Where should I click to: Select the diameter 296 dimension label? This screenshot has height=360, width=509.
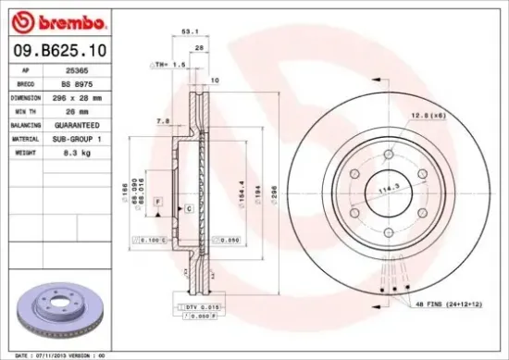coord(273,192)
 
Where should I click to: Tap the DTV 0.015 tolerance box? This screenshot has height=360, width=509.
coord(190,306)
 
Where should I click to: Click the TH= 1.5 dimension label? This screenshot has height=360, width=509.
coord(169,66)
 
